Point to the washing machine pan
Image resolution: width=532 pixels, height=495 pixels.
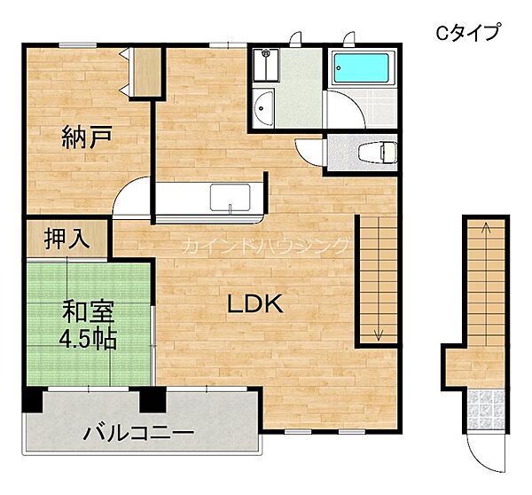[x=266, y=65]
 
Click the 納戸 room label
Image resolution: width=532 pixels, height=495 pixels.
[x=86, y=137]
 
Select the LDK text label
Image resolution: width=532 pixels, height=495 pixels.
[x=255, y=304]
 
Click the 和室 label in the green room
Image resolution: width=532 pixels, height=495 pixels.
[x=87, y=313]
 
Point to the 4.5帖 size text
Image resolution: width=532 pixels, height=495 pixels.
[x=87, y=340]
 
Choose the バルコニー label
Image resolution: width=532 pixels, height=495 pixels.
[x=139, y=434]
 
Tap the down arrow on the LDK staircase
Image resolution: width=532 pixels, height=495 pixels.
[x=379, y=333]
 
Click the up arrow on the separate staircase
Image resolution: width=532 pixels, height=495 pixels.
[x=486, y=229]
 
